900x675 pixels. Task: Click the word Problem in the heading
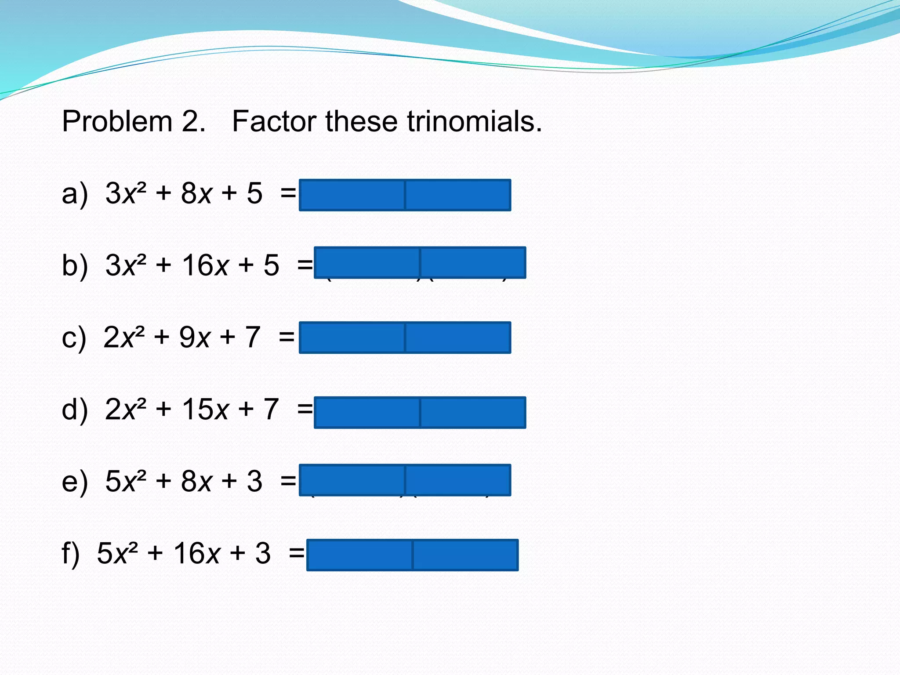pos(117,122)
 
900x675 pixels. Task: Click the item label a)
pos(75,194)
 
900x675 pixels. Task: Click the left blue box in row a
pos(352,195)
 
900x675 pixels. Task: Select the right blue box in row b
pos(473,263)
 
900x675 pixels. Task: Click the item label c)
pos(74,338)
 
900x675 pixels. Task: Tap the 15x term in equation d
pos(205,410)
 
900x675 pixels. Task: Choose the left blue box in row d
pos(367,413)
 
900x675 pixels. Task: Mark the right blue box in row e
pos(458,480)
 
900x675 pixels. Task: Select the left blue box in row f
pos(360,555)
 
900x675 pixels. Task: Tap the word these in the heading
pos(361,122)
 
